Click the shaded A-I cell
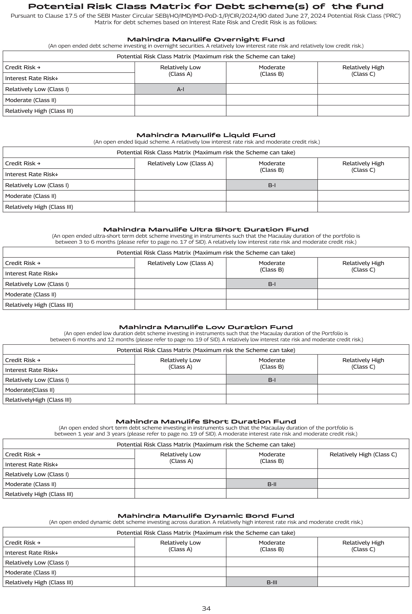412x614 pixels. [180, 89]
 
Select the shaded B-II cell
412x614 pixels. [272, 484]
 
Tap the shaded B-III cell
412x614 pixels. [272, 582]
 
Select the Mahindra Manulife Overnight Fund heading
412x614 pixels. [206, 39]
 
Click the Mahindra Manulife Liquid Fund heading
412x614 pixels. [206, 135]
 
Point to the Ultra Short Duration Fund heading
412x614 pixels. [206, 230]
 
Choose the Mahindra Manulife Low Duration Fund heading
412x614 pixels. [206, 327]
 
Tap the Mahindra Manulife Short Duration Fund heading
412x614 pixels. [206, 421]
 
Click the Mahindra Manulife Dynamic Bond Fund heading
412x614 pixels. [206, 516]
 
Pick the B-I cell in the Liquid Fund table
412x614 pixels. [272, 185]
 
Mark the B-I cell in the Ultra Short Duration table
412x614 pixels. [272, 284]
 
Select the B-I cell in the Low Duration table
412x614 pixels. [272, 380]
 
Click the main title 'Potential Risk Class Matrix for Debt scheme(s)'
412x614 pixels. [206, 6]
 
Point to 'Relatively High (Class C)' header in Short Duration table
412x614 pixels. [363, 454]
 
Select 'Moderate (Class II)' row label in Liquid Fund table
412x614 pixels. [30, 196]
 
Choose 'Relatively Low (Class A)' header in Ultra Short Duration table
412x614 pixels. [180, 263]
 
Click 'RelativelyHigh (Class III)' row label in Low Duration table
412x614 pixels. [38, 400]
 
